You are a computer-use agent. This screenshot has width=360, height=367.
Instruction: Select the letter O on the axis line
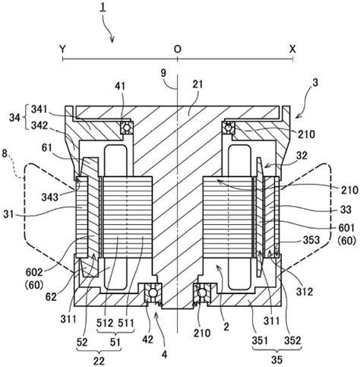pyautogui.click(x=176, y=47)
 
